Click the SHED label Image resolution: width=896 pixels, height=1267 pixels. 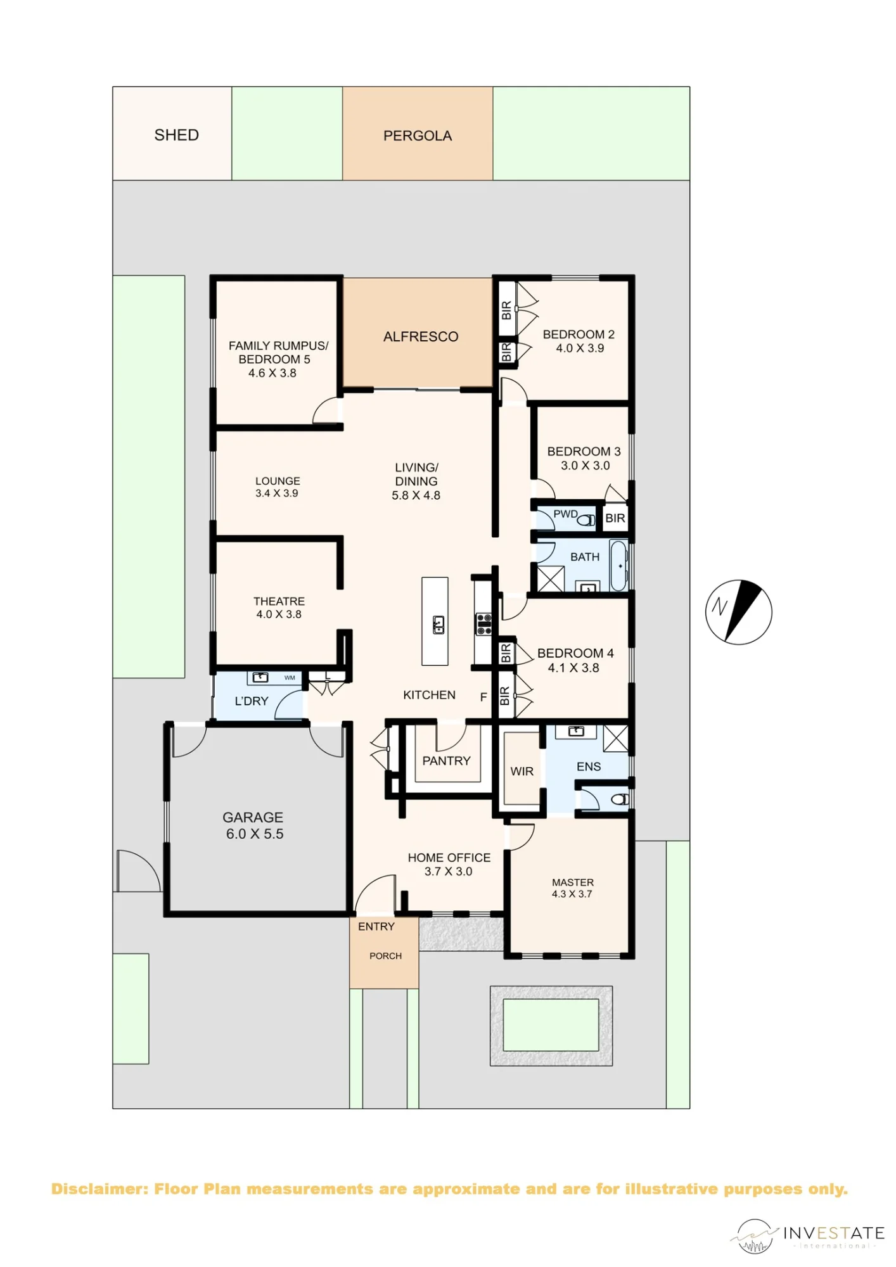click(x=176, y=135)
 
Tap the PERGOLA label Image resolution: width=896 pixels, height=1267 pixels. click(x=418, y=136)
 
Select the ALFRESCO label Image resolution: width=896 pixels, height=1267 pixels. click(x=421, y=336)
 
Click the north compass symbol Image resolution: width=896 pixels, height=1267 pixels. click(x=739, y=612)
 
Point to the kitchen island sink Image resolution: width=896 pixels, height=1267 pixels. click(x=438, y=625)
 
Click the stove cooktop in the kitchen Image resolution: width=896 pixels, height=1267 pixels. click(x=484, y=623)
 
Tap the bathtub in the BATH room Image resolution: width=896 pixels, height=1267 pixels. click(x=618, y=565)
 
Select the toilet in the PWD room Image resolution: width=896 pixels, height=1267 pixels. click(x=587, y=520)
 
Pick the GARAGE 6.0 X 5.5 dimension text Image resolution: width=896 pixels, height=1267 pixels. click(x=255, y=834)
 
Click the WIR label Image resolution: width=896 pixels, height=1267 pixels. click(x=522, y=771)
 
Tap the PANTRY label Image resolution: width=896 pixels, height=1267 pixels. click(x=447, y=761)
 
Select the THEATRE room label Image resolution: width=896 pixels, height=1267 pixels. click(x=279, y=601)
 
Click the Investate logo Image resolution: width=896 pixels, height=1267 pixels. click(x=807, y=1235)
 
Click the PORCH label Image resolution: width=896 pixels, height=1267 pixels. click(x=386, y=956)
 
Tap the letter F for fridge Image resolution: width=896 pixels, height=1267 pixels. click(x=483, y=697)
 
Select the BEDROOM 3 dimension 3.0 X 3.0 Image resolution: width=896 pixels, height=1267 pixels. click(x=586, y=466)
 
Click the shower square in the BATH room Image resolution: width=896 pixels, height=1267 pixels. click(x=551, y=578)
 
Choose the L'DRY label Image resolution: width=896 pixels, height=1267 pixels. click(x=252, y=701)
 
